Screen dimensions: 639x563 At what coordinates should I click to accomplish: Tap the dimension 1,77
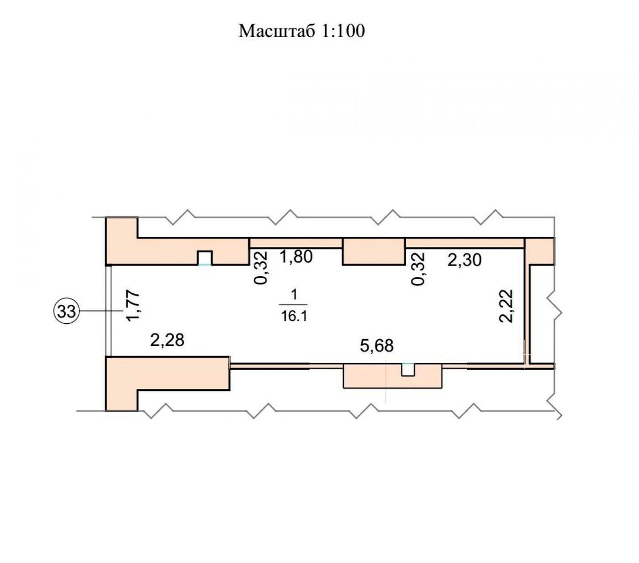coord(133,306)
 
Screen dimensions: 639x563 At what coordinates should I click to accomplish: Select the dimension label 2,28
coord(167,340)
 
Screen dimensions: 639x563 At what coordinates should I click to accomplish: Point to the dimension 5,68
coord(377,346)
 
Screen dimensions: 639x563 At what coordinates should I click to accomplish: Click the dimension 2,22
coord(506,305)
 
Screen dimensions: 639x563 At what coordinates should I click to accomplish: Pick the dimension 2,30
coord(464,260)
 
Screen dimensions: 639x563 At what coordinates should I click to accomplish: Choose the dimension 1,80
coord(296,257)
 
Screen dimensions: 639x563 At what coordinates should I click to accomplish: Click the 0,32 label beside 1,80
coord(261,268)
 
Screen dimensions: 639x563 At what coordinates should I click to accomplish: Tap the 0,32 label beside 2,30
coord(418,269)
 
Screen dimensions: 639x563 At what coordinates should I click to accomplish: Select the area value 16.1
coord(294,316)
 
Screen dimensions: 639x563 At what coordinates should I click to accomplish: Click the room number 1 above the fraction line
coord(294,295)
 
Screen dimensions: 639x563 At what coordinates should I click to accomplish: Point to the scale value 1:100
coord(343,31)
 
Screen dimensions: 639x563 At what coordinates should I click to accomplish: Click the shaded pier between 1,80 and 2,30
coord(374,251)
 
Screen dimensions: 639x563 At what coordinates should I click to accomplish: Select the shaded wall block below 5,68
coord(393,376)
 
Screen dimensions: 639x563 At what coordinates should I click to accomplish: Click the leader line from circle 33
coord(101,312)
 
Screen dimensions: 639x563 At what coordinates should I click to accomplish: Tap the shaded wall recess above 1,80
coord(296,243)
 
